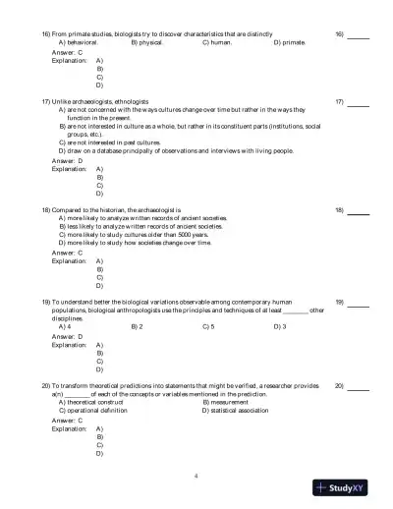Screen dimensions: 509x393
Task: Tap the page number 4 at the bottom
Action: [196, 476]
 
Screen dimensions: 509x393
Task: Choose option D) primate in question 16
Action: [290, 43]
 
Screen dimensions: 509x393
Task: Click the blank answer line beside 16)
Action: [359, 35]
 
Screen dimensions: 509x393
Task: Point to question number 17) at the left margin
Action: [46, 101]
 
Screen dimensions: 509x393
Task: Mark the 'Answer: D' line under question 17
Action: [64, 160]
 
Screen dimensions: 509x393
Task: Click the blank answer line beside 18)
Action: [359, 210]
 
